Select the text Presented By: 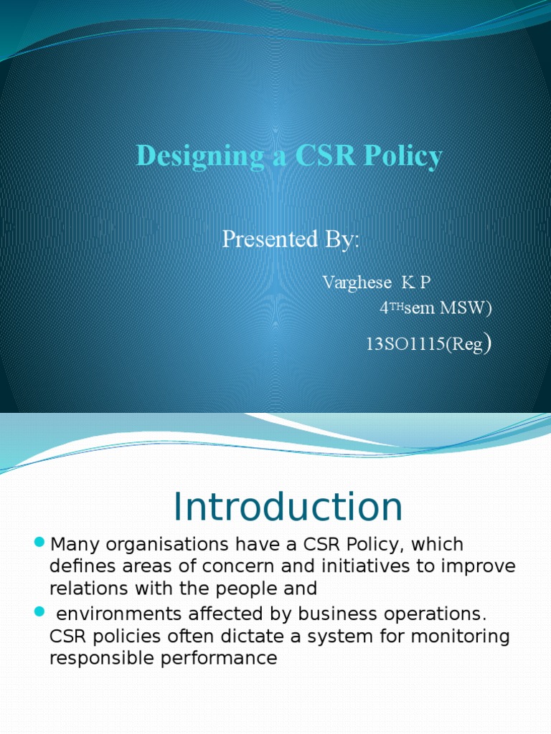(x=291, y=239)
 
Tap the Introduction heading (x=288, y=507)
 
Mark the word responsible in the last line (x=100, y=658)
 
